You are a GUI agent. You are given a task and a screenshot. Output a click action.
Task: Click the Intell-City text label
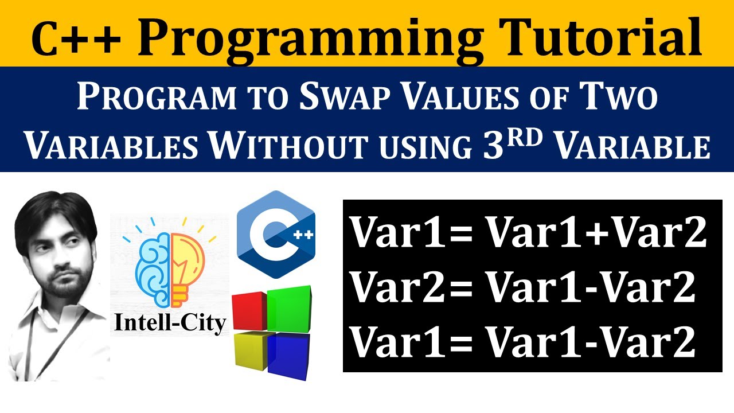pos(170,323)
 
